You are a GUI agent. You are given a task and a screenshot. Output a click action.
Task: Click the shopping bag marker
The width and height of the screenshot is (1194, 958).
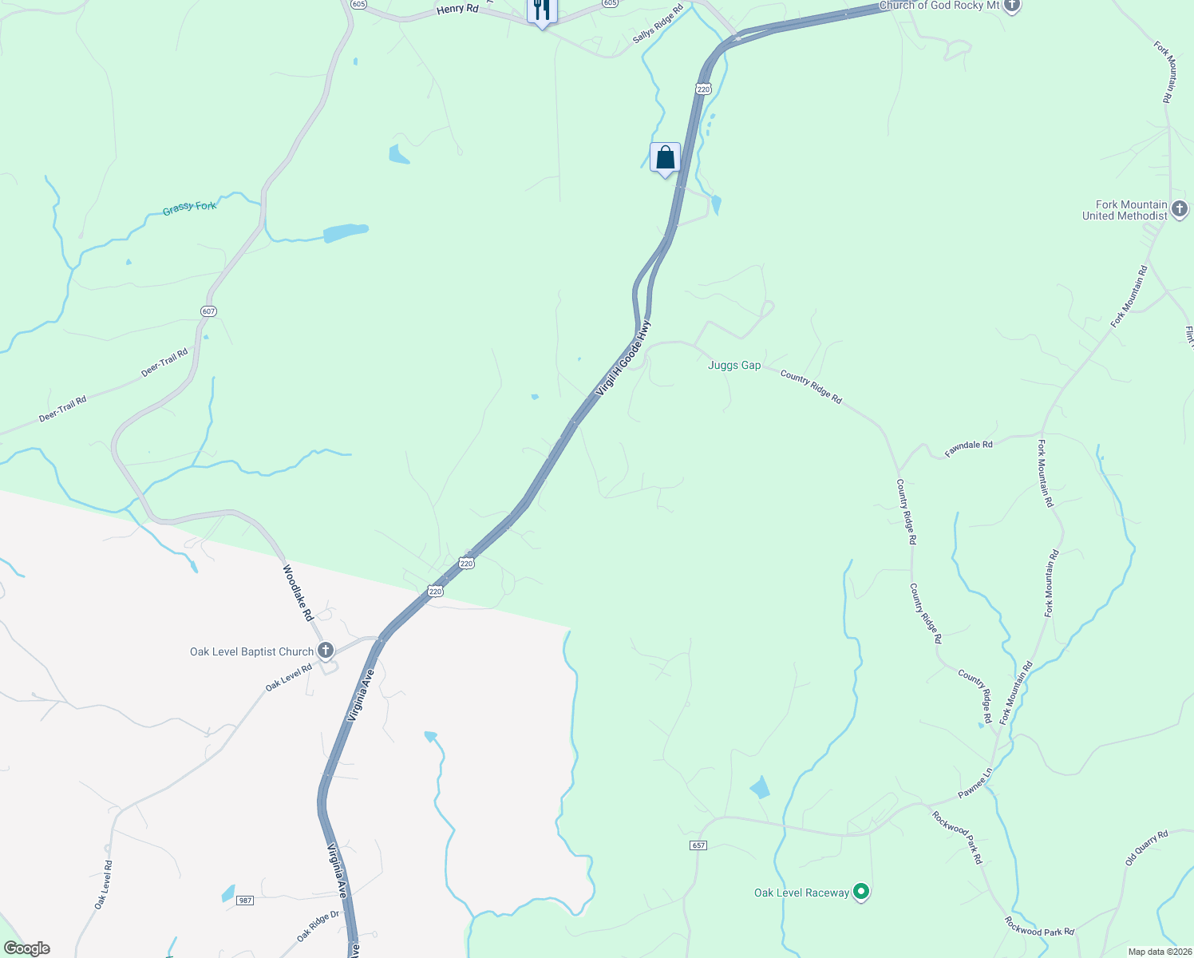coord(665,158)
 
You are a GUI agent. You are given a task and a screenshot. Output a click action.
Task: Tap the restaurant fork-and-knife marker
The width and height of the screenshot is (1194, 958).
coord(542,10)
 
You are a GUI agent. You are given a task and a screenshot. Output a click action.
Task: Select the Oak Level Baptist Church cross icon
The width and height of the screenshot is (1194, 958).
coord(325,651)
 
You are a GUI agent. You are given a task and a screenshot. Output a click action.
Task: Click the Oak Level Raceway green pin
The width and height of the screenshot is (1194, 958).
coord(860,891)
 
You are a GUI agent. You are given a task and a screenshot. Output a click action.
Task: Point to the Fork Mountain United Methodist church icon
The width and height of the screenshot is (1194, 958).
coord(1180,209)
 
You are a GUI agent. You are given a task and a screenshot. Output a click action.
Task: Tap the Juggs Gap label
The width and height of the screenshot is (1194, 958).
coord(734,365)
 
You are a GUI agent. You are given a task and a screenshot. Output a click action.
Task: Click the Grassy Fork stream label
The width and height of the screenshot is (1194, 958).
coord(189,208)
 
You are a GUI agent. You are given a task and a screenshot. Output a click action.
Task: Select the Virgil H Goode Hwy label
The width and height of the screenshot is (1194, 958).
coord(623,358)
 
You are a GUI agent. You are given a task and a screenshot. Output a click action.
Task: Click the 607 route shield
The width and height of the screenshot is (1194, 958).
coord(208,311)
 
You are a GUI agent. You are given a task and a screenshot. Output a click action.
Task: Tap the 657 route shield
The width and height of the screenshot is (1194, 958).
coord(698,845)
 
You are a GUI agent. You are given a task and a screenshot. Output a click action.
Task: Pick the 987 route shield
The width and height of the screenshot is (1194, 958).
coord(245,901)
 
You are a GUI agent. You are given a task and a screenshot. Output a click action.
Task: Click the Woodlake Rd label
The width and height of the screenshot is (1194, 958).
coord(298,593)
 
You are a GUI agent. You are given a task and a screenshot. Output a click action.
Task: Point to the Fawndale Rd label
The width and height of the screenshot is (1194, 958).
coord(968,449)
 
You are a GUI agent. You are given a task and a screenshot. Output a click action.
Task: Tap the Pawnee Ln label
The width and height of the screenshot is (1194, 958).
coord(975,782)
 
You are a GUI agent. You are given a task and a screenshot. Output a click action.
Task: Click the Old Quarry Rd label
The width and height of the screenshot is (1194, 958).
coord(1146,848)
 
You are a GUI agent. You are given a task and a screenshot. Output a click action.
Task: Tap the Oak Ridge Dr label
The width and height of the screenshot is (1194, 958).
coord(318,926)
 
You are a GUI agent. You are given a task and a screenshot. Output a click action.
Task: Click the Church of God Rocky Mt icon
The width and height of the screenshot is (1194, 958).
coord(1011,6)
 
